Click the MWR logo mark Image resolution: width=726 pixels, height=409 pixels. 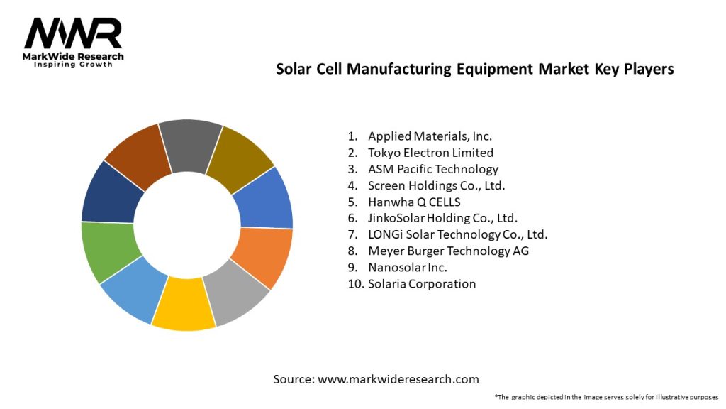73,33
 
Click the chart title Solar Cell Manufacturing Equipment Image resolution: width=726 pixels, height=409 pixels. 474,69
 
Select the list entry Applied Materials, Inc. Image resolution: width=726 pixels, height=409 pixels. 430,136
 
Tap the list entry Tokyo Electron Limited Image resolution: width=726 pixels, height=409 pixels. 430,153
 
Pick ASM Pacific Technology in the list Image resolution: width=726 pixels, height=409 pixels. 432,169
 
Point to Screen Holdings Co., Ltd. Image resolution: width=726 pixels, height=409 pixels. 436,185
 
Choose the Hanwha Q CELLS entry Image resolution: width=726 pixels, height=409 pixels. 414,202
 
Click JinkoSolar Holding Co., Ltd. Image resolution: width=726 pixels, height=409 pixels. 442,218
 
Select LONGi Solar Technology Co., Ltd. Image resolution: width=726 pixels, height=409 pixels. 457,234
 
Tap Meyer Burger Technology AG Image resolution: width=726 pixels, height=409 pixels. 448,251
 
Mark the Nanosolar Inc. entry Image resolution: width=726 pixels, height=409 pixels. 408,267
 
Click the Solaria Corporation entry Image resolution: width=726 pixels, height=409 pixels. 422,283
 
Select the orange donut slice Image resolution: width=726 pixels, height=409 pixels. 265,255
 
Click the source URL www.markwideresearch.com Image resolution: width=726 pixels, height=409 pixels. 398,379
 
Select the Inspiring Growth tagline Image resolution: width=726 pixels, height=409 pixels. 73,65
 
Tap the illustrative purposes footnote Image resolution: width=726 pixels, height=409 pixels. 606,396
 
